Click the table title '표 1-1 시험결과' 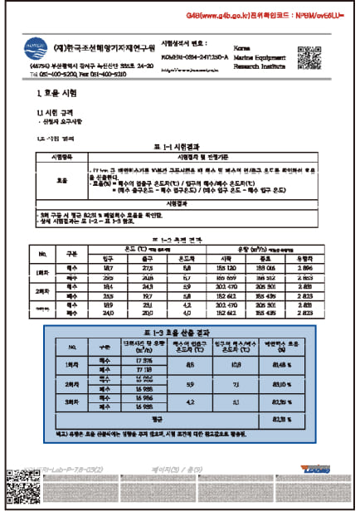point(181,146)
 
